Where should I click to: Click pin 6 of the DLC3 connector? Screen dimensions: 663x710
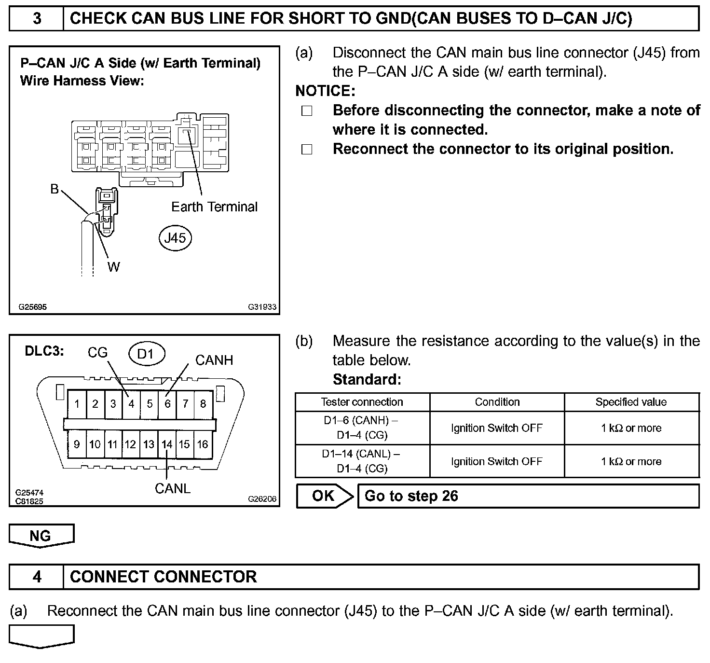point(167,403)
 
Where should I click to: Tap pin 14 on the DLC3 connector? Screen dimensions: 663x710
point(167,444)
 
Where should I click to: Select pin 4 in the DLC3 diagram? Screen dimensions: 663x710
point(131,403)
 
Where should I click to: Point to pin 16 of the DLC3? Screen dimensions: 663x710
point(203,444)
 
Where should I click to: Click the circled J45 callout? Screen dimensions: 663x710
point(175,238)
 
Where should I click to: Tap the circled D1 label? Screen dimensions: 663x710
point(147,354)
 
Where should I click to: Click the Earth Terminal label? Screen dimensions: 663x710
point(214,207)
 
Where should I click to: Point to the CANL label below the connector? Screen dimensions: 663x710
point(172,488)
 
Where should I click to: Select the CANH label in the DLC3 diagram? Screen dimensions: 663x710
point(214,360)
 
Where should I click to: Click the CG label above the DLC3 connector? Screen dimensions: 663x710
point(97,353)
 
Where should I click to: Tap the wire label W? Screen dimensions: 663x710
point(114,267)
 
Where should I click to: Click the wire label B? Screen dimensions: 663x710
point(55,189)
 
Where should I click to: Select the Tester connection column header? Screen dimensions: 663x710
point(362,402)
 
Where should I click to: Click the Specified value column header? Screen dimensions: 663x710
point(631,402)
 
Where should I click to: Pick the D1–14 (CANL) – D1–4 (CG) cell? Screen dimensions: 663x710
point(362,461)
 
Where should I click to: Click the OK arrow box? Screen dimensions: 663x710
point(324,496)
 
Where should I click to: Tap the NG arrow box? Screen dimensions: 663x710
point(41,536)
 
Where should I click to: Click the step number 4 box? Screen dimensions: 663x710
point(37,577)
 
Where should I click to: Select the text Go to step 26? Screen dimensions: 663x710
point(411,496)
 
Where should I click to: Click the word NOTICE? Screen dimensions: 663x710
point(325,91)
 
